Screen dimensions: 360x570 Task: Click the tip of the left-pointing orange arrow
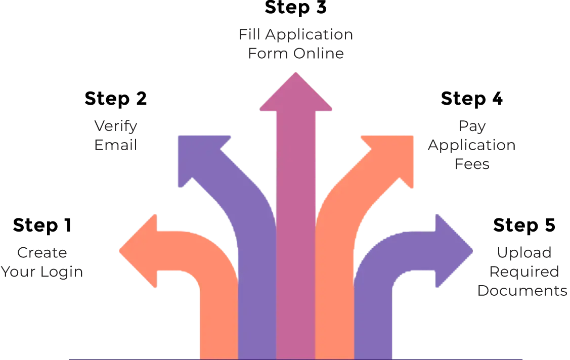(x=121, y=250)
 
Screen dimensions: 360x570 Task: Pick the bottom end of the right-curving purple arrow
(x=373, y=349)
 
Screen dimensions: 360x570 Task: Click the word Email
(x=115, y=147)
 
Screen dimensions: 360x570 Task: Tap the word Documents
(x=521, y=292)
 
